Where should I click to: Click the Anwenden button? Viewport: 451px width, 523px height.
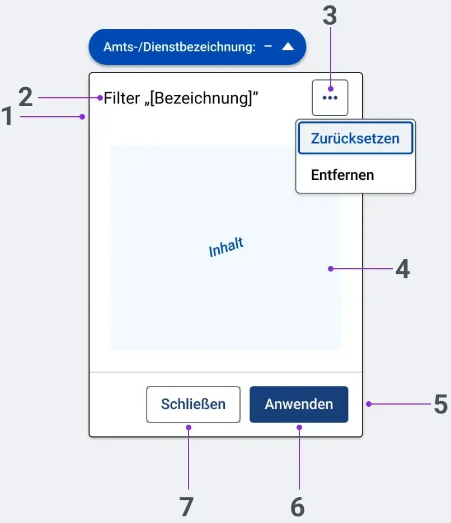[299, 404]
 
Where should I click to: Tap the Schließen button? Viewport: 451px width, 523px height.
[193, 404]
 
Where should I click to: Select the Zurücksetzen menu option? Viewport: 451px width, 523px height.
[355, 138]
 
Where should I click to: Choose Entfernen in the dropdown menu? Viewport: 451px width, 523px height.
[342, 175]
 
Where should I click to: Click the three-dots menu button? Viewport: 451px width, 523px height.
[330, 98]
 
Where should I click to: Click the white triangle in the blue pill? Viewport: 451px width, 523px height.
[288, 47]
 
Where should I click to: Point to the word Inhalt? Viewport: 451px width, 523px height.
[226, 247]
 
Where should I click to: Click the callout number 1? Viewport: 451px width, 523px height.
[7, 116]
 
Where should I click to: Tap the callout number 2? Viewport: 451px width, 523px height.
[26, 97]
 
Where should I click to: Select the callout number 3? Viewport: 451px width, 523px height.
[330, 16]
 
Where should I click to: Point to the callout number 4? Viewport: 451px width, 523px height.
[402, 269]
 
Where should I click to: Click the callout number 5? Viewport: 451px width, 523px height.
[440, 404]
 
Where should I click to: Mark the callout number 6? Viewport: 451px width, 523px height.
[298, 507]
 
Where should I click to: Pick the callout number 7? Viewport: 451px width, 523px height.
[186, 507]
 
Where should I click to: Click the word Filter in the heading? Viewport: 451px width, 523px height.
[121, 98]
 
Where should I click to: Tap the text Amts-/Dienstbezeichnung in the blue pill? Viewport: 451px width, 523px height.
[180, 47]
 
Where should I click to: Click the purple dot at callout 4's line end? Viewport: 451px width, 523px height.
[331, 269]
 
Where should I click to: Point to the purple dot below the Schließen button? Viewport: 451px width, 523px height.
[189, 427]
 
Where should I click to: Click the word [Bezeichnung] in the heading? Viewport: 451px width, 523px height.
[201, 99]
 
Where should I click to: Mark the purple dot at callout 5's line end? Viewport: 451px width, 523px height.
[369, 404]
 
